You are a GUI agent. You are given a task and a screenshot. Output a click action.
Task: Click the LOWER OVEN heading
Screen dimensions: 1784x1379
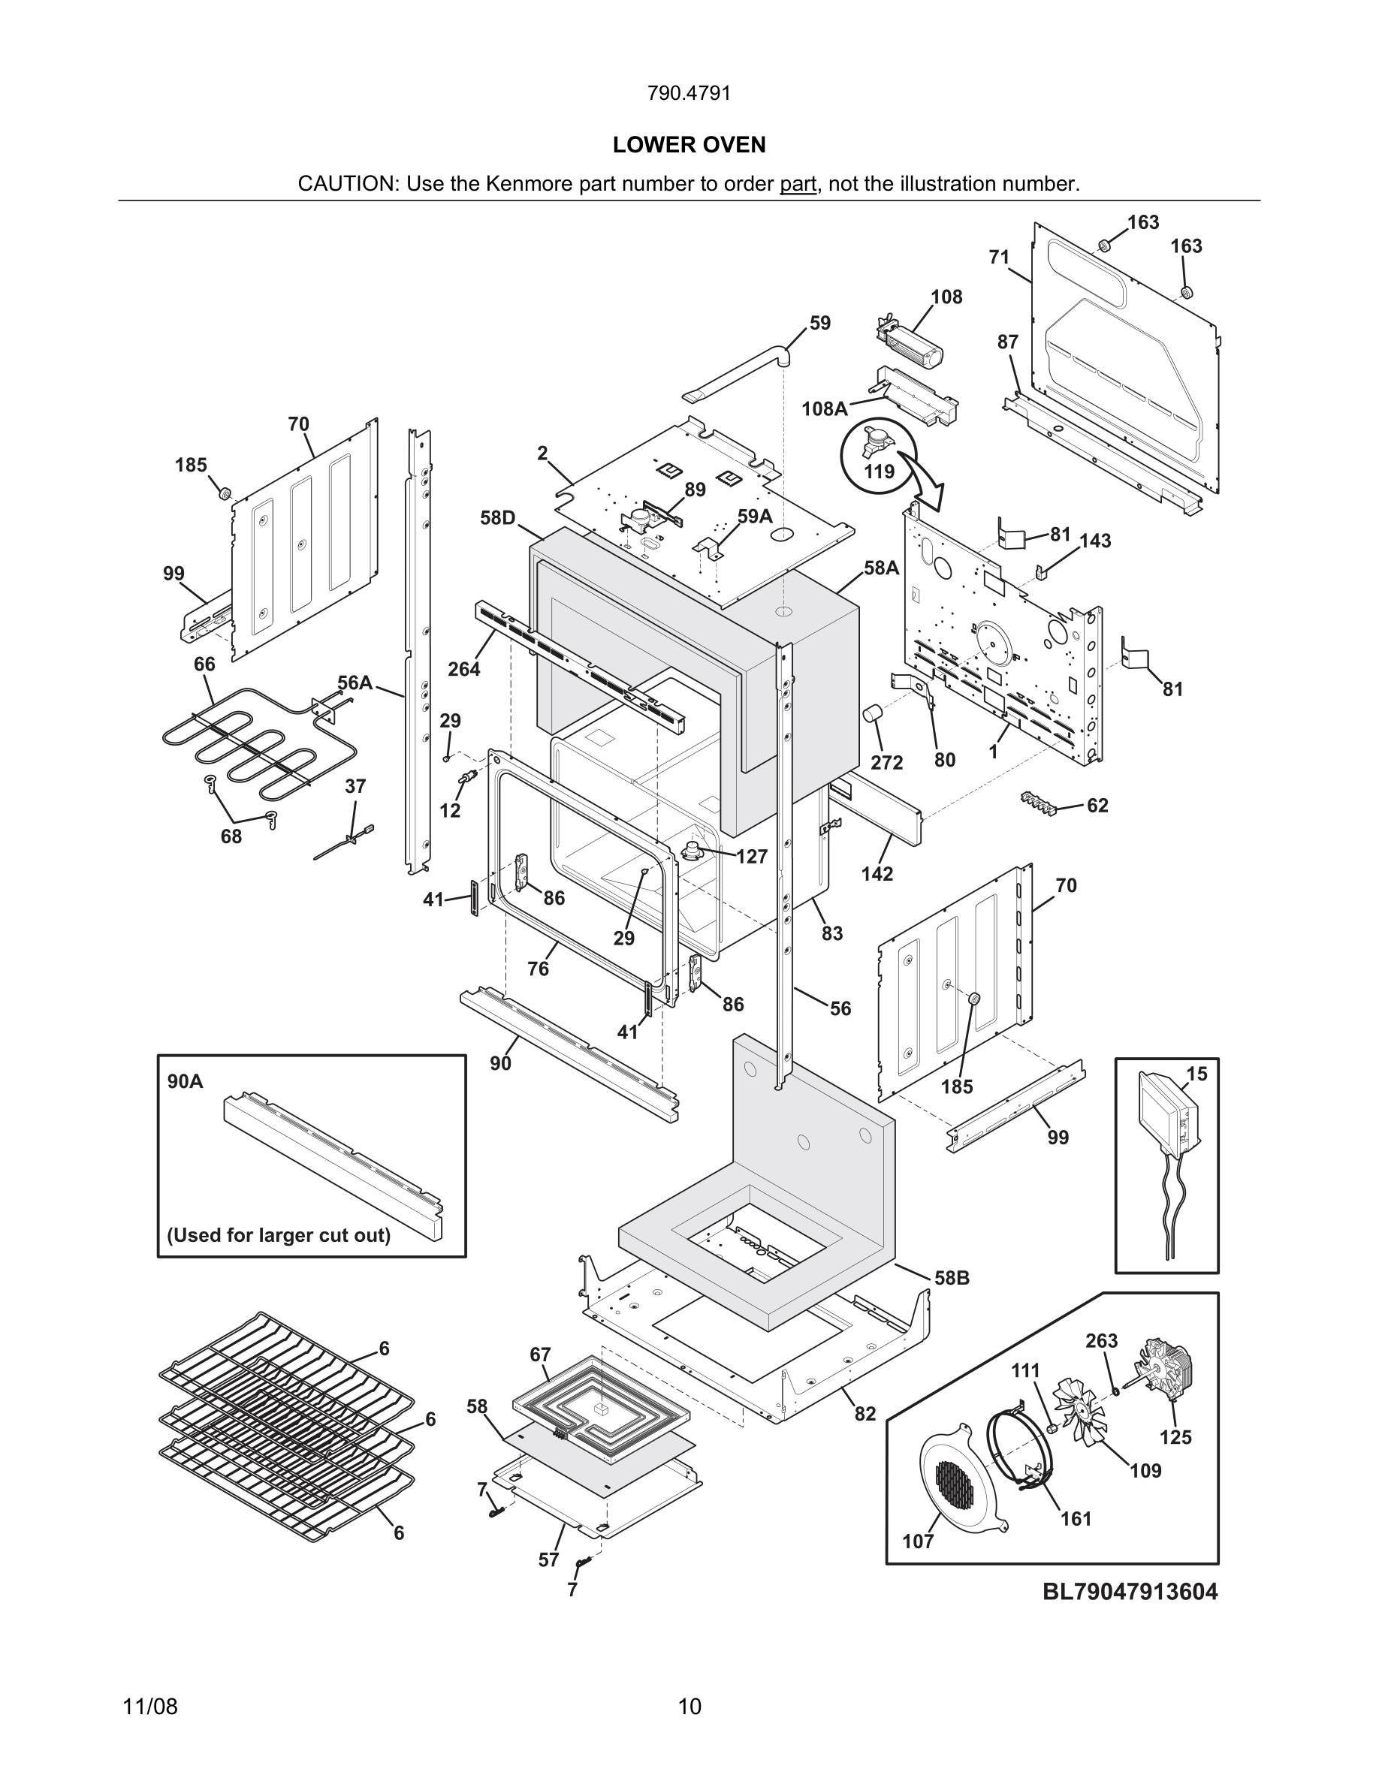pyautogui.click(x=689, y=145)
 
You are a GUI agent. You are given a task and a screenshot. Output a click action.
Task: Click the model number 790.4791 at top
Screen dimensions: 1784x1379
pyautogui.click(x=689, y=93)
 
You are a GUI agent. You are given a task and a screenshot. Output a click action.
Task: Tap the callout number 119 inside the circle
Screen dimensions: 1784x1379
pyautogui.click(x=879, y=472)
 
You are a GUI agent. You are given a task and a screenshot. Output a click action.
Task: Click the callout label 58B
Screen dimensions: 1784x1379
pyautogui.click(x=952, y=1277)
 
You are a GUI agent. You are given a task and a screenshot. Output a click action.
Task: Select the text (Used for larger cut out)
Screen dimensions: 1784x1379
pyautogui.click(x=279, y=1235)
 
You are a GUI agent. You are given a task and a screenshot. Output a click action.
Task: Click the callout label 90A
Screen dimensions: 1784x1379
pyautogui.click(x=186, y=1081)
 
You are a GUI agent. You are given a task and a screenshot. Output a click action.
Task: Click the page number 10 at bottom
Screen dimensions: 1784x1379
pyautogui.click(x=689, y=1707)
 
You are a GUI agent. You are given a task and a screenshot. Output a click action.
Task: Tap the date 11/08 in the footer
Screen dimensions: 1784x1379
pyautogui.click(x=150, y=1707)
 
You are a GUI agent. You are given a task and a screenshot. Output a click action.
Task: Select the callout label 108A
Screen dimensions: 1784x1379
pyautogui.click(x=824, y=408)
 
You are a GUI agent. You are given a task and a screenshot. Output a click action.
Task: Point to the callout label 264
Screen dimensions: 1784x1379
pyautogui.click(x=464, y=669)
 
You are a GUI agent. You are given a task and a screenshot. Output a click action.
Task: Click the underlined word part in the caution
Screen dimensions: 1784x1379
pyautogui.click(x=798, y=184)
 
